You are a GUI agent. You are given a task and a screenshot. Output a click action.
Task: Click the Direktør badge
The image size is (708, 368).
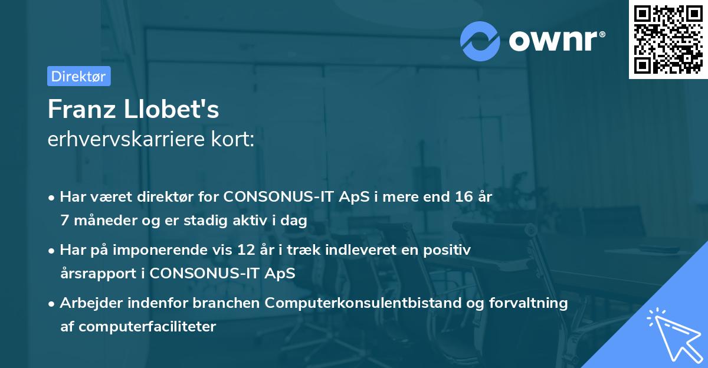tap(78, 76)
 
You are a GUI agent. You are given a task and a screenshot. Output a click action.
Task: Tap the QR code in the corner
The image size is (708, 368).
tap(668, 40)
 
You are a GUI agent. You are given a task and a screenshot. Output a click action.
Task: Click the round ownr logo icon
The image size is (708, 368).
tap(480, 41)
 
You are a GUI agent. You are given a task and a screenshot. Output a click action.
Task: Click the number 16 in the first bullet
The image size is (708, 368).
tap(459, 196)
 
